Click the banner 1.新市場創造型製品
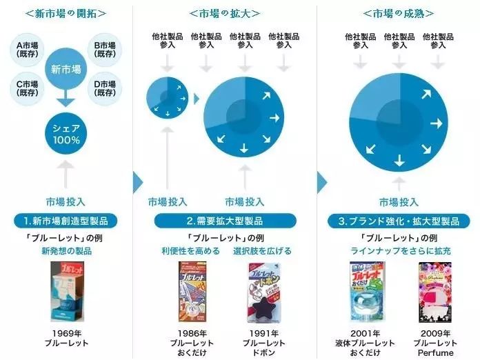point(66,221)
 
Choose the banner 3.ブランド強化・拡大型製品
point(398,221)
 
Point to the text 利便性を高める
point(190,251)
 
